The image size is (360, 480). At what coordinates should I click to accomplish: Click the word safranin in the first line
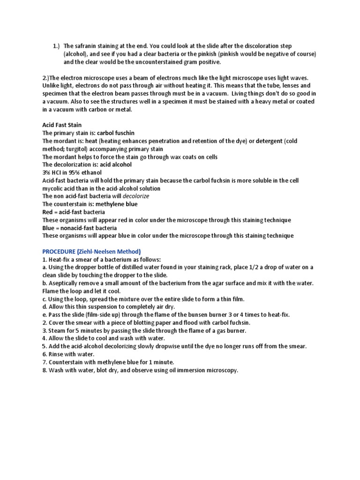(86, 46)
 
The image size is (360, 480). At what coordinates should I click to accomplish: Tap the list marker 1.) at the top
(56, 46)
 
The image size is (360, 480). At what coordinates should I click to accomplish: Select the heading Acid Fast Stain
(62, 125)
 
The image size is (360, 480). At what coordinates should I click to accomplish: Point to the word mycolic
(53, 189)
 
